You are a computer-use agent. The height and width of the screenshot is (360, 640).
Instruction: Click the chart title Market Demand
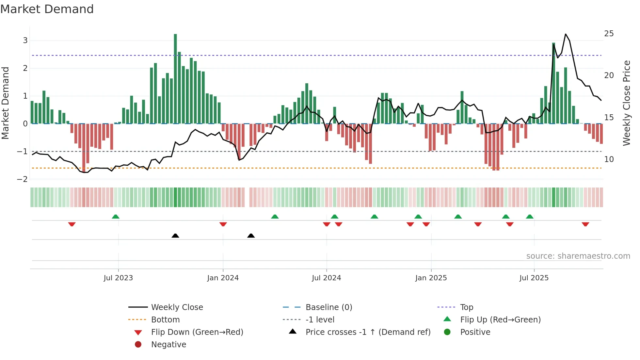coord(47,9)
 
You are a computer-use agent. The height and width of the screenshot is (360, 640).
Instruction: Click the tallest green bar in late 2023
coord(175,78)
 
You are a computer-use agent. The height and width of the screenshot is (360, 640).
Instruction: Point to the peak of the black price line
coord(566,34)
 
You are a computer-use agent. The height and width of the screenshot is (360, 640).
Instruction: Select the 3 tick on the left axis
coord(25,41)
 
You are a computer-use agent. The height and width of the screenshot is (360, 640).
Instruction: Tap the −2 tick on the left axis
coord(23,179)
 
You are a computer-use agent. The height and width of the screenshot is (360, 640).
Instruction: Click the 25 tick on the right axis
coord(609,34)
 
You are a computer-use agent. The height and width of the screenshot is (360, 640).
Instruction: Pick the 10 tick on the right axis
coord(609,159)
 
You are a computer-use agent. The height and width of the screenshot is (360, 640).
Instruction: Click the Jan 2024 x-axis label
coord(223,278)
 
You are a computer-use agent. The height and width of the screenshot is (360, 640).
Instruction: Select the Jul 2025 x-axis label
coord(534,278)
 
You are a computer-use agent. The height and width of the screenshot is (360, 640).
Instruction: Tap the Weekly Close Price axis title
coord(626,103)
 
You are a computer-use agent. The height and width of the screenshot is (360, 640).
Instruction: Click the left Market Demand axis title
coord(5,103)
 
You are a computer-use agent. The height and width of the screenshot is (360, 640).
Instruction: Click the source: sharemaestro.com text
coord(578,256)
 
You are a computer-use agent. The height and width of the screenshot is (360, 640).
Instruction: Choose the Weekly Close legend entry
coord(177,307)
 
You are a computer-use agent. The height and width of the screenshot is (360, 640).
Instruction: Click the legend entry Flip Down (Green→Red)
coord(197,332)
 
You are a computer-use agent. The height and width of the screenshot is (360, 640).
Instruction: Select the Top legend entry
coord(466,307)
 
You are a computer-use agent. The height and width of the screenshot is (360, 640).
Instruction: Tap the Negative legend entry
coord(168,345)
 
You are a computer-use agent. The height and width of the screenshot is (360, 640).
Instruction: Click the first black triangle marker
coord(175,236)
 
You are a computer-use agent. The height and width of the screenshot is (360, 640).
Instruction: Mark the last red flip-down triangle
coord(585,224)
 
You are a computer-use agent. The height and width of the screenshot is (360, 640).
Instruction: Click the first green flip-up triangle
coord(116,216)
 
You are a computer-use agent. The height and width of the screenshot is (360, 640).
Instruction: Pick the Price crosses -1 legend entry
coord(368,332)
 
